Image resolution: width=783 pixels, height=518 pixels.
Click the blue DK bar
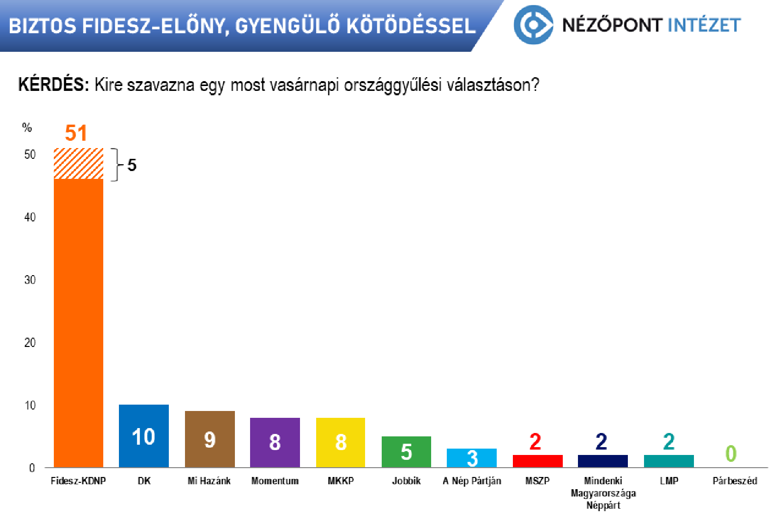coord(144,435)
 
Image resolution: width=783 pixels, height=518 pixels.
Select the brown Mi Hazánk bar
coord(210,439)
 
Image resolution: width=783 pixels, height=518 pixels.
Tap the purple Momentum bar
coord(275,442)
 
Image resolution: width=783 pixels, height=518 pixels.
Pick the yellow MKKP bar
coord(341,442)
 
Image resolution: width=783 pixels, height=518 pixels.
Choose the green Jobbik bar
coord(406,452)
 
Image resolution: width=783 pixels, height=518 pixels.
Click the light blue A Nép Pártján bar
coord(472,457)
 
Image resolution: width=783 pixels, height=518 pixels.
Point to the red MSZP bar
coord(538,461)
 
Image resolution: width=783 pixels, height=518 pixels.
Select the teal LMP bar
coord(668,461)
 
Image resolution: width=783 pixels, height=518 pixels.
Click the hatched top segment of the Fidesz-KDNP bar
coord(78,164)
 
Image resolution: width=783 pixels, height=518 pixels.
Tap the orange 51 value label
coord(76,133)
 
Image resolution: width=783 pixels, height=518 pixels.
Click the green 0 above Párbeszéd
coord(731,453)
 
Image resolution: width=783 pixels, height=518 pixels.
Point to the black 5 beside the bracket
coord(132,165)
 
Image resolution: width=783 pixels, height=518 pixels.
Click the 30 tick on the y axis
coord(30,280)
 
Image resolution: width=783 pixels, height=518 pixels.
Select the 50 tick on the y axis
coord(30,154)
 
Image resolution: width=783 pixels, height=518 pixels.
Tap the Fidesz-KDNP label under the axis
coord(78,481)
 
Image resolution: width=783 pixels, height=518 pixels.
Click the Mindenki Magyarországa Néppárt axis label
coord(603,493)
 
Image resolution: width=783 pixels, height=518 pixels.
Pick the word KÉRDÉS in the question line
coord(54,85)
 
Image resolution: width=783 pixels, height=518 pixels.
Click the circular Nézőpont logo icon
coord(533,25)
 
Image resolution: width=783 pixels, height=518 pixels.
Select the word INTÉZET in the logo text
coord(704,25)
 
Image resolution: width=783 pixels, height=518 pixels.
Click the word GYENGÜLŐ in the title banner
coord(287,26)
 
